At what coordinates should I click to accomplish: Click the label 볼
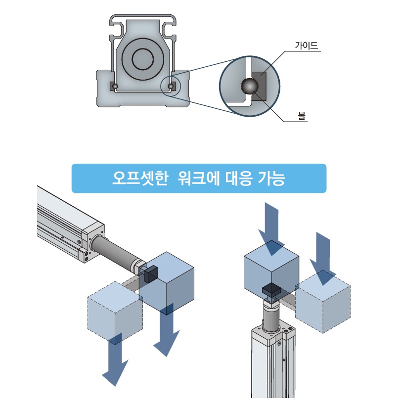tap(302, 117)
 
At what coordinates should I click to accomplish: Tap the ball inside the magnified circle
tap(249, 87)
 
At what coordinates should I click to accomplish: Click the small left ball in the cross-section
tap(115, 87)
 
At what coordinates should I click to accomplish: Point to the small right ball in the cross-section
tap(171, 87)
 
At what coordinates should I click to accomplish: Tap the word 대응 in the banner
tap(237, 178)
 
